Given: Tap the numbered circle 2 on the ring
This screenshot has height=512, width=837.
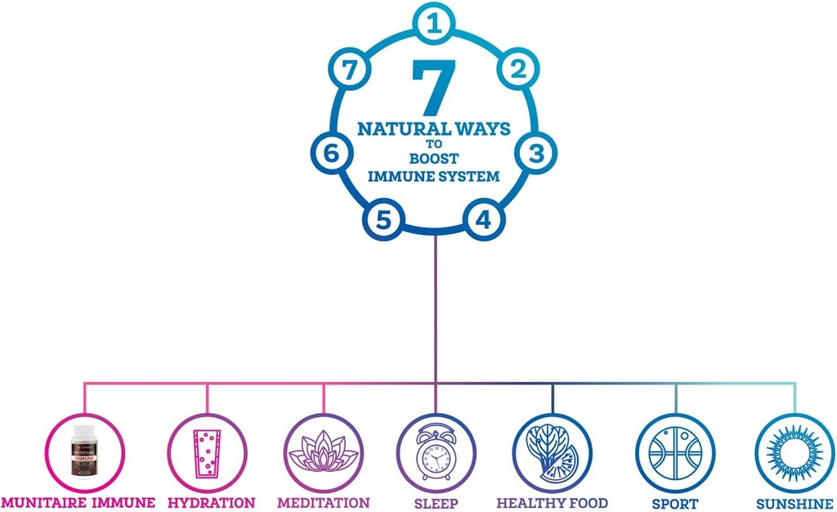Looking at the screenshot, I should [517, 70].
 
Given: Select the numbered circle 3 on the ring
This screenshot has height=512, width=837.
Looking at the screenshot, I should [535, 153].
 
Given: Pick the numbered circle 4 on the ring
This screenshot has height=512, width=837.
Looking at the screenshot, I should [484, 219].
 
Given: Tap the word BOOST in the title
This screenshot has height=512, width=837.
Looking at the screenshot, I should [433, 159].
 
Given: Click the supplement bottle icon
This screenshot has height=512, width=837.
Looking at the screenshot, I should [86, 451].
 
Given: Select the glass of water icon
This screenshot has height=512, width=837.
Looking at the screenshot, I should [207, 452].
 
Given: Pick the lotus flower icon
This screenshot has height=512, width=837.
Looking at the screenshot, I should [325, 452].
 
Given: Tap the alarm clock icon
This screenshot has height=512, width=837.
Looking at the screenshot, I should [436, 452].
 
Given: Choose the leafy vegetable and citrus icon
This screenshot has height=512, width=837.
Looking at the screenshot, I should [553, 452].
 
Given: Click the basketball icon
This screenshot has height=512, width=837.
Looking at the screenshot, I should [675, 452].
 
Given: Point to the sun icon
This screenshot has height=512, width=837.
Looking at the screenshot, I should [794, 452].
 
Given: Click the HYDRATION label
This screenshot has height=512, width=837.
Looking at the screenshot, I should [211, 502].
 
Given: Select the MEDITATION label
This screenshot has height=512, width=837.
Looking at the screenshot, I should [323, 502].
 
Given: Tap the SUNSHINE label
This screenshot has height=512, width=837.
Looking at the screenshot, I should [794, 502].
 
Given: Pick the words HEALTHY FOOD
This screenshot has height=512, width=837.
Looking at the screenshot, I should [553, 502].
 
